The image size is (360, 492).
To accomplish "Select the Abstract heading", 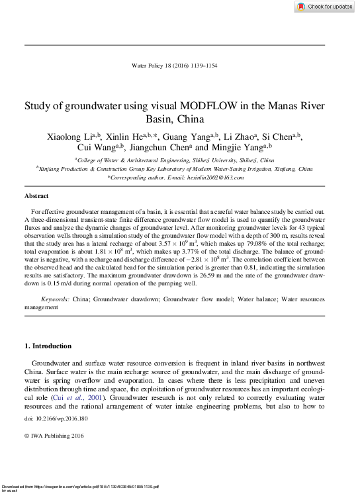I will tap(36, 197).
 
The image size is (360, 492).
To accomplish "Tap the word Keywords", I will tap(56, 299).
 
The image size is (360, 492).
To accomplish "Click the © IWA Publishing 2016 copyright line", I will tap(54, 436).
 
